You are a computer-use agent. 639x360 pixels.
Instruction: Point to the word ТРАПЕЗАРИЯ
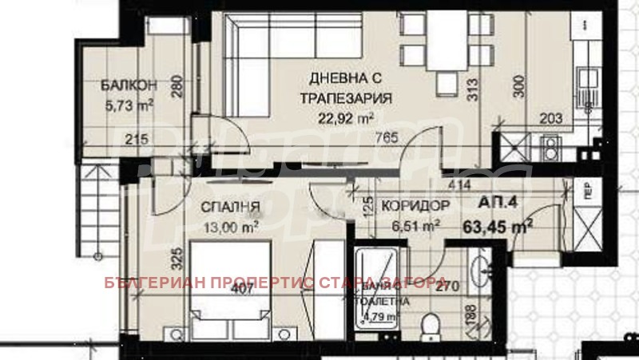(345, 99)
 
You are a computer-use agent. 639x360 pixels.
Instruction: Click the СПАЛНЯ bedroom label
(235, 208)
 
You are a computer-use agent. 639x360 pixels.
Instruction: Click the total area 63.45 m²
(498, 225)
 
